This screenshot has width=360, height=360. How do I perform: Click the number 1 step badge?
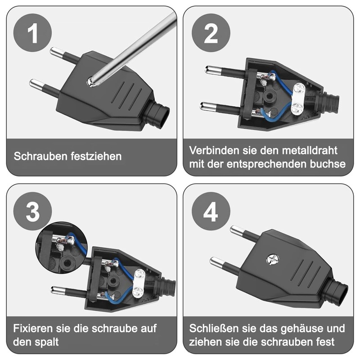[x=32, y=32]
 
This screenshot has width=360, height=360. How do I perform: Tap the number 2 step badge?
[x=211, y=33]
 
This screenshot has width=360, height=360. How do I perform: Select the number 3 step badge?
[x=32, y=211]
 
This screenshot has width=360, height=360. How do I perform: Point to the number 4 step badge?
[x=211, y=211]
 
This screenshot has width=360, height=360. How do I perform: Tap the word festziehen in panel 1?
[x=96, y=156]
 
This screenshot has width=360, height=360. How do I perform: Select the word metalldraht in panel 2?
[x=310, y=150]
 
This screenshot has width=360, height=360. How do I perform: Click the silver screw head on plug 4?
[x=273, y=260]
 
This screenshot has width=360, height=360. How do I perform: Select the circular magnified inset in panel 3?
[x=62, y=247]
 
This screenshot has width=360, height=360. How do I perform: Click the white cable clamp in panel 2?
[x=297, y=99]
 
